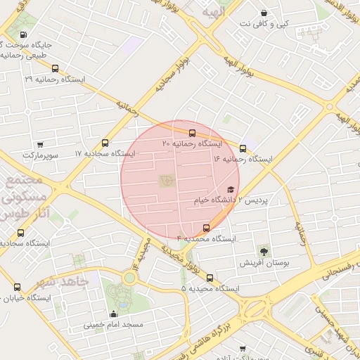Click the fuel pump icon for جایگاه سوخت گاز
(25, 34)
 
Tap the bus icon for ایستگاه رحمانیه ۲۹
(56, 69)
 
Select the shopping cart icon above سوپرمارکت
(40, 144)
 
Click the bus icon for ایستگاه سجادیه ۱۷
(105, 143)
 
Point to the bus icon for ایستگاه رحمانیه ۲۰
(192, 132)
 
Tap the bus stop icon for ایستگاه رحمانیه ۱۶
(243, 148)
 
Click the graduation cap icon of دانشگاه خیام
(231, 190)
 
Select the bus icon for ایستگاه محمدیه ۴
(206, 228)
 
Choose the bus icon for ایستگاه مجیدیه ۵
(210, 278)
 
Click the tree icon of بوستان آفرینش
(264, 251)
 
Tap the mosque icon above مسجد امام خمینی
(113, 314)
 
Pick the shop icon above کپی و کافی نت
(264, 13)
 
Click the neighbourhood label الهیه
(211, 12)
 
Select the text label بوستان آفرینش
(264, 263)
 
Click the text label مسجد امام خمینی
(114, 325)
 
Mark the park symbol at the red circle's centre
(166, 181)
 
